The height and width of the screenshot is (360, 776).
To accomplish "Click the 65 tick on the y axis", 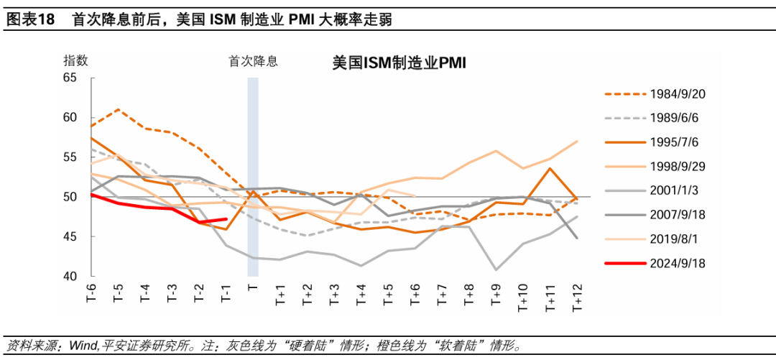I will (x=70, y=78).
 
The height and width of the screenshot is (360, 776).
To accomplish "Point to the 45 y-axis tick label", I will (x=70, y=236).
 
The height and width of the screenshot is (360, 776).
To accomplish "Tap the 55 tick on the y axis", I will (x=70, y=157).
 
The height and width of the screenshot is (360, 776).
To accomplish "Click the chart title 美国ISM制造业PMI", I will (x=399, y=63).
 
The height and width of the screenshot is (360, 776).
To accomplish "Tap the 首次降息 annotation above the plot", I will (x=253, y=62).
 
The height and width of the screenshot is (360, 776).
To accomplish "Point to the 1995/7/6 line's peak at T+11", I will (x=550, y=169).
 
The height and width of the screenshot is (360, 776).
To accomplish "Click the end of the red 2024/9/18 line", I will (x=226, y=219).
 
